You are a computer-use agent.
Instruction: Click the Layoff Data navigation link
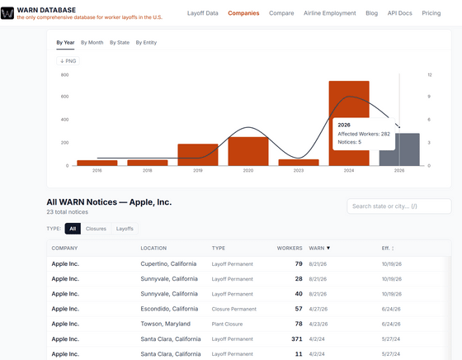pos(203,13)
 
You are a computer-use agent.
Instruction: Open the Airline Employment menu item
pos(330,13)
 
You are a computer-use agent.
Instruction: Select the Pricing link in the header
pos(431,13)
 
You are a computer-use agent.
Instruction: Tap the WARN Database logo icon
pos(7,13)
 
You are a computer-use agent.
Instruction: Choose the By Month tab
pos(92,42)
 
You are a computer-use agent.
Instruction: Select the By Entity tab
pos(146,42)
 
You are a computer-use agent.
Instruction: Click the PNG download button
pos(68,61)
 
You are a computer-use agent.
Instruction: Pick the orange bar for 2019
pos(198,154)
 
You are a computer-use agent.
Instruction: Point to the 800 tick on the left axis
pos(65,75)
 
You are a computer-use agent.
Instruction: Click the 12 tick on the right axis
pos(430,75)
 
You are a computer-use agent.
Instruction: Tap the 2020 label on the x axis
pos(248,170)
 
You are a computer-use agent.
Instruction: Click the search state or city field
pos(399,206)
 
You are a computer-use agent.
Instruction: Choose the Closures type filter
pos(96,229)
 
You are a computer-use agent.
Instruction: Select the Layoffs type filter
pos(125,229)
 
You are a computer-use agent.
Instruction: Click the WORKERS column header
pos(290,249)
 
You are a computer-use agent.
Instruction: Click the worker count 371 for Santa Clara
pos(297,339)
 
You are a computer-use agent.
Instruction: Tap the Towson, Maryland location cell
pos(165,324)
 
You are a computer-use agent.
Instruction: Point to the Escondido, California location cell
pos(169,309)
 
